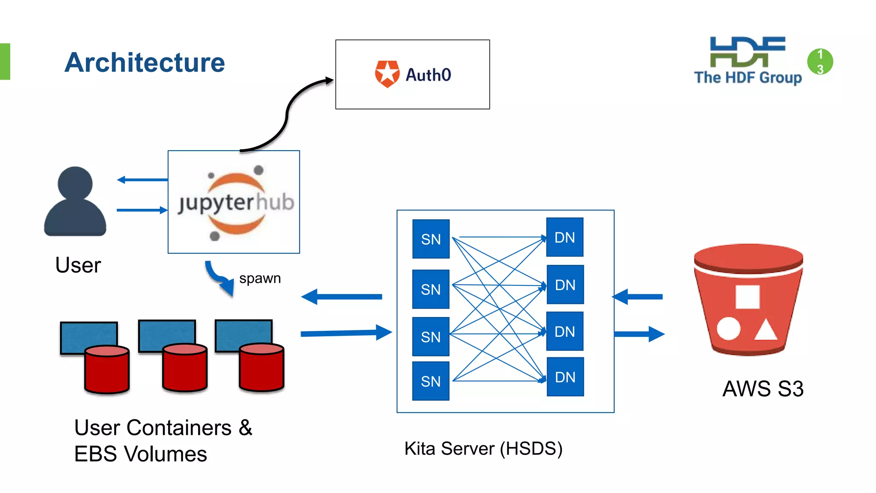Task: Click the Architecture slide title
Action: point(145,62)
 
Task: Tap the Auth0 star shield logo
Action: point(387,74)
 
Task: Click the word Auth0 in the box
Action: point(428,75)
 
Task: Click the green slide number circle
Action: point(820,62)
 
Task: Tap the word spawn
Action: point(260,278)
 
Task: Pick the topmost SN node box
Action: point(431,239)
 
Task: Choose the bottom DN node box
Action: point(565,377)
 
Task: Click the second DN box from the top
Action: point(565,285)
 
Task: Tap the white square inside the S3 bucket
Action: point(747,297)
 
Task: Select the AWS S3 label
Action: point(763,389)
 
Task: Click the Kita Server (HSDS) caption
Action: point(483,448)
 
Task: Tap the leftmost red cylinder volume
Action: point(107,370)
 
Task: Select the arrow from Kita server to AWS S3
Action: point(639,334)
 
